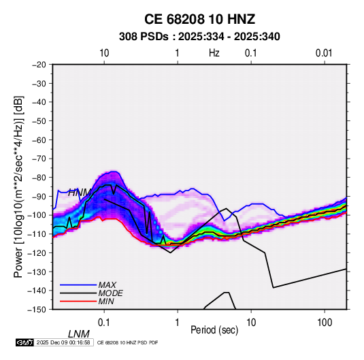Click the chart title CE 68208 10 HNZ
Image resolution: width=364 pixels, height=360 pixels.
(x=199, y=19)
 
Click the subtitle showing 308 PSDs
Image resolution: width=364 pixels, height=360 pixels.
(x=199, y=37)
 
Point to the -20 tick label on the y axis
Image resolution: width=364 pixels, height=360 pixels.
(x=39, y=65)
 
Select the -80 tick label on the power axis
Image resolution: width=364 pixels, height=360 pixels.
(x=39, y=178)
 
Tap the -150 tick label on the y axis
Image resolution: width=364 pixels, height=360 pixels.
(x=37, y=310)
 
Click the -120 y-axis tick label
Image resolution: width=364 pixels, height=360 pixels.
(x=37, y=253)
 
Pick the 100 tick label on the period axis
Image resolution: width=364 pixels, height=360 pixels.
(x=325, y=323)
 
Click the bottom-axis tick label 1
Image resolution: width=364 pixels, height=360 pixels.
(x=178, y=323)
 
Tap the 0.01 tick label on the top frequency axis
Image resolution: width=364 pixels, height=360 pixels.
(x=324, y=53)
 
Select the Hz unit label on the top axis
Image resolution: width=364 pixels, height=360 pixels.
(x=214, y=53)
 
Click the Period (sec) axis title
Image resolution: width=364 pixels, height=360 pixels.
(x=214, y=330)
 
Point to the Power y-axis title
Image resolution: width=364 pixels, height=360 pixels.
(x=18, y=186)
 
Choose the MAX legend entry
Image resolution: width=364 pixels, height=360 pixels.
(x=107, y=285)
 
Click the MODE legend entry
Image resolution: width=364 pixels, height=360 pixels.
(x=110, y=293)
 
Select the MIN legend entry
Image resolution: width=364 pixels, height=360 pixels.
(x=106, y=301)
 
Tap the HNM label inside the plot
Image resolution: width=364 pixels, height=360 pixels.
(x=79, y=193)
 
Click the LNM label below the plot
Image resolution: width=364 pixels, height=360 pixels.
(x=79, y=334)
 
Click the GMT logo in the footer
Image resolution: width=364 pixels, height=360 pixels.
(x=25, y=342)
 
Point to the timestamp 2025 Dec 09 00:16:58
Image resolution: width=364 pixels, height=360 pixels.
(x=63, y=342)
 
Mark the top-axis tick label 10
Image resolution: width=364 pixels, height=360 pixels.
(x=104, y=53)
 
